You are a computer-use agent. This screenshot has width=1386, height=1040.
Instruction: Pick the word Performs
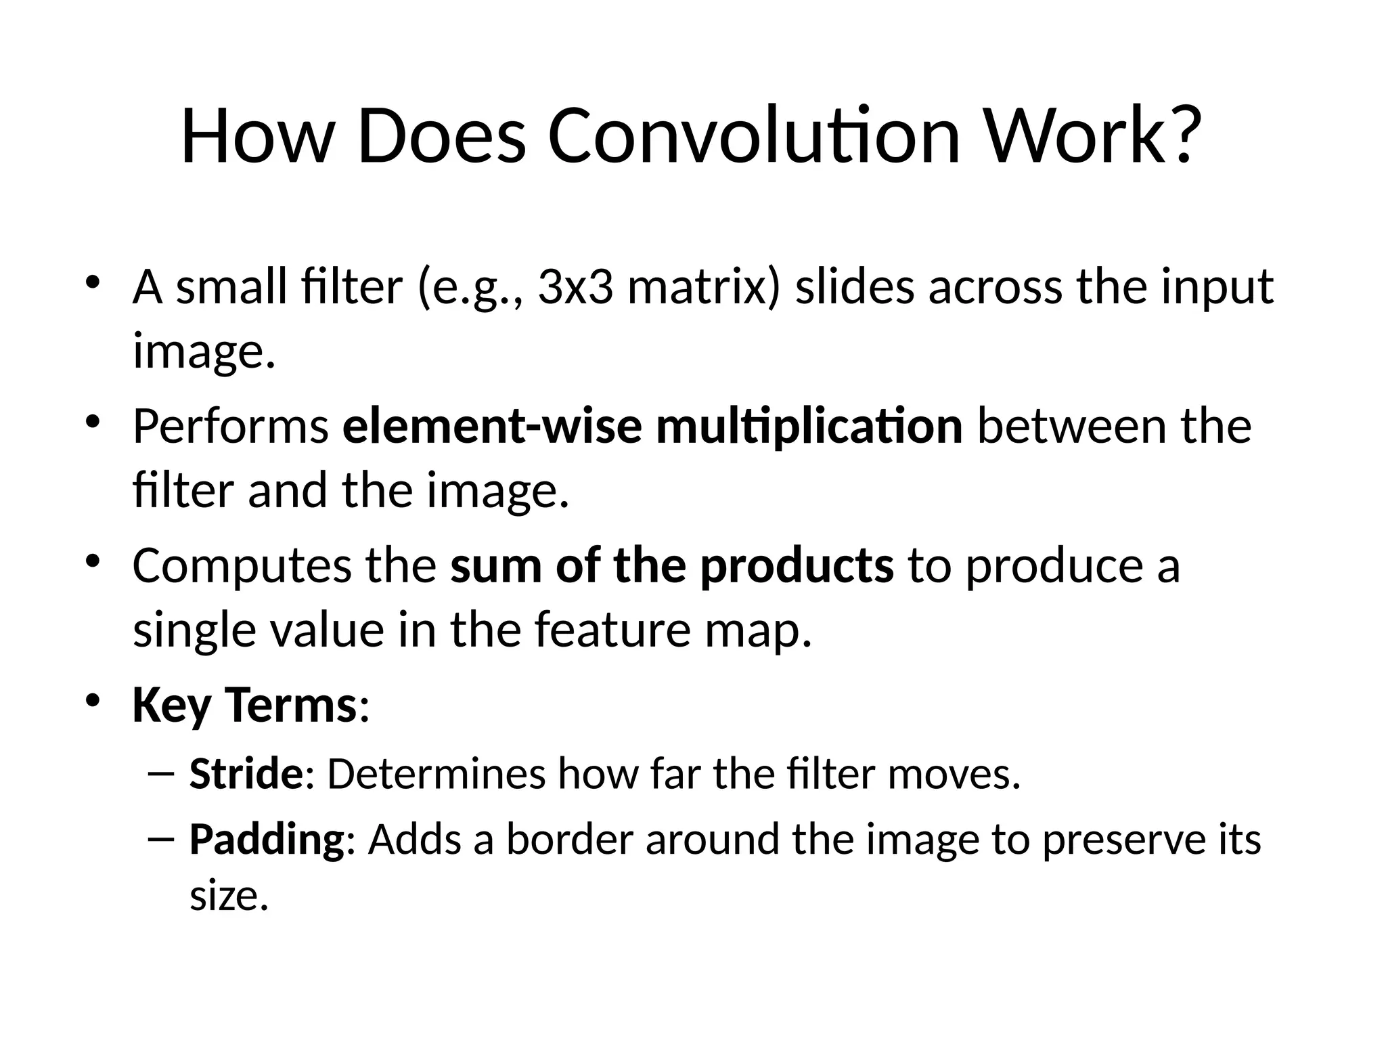click(231, 427)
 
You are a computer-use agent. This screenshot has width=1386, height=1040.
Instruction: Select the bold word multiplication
click(809, 427)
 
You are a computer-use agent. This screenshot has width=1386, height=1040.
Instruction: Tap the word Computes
click(242, 566)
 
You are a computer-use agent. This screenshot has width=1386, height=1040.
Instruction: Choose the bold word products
click(797, 566)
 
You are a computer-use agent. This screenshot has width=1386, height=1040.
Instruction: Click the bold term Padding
click(267, 840)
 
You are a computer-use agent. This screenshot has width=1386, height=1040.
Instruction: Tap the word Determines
click(435, 774)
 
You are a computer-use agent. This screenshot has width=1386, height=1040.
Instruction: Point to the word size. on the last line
click(229, 896)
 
